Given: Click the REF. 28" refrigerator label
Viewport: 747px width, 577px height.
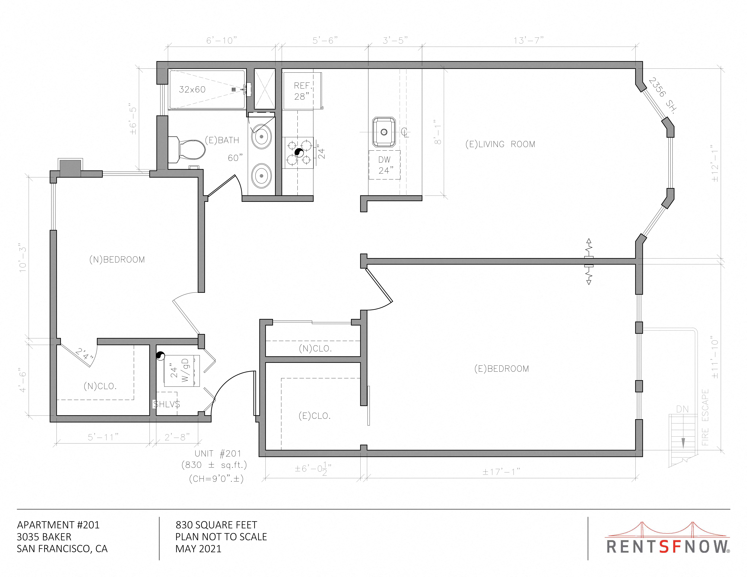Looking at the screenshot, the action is (302, 91).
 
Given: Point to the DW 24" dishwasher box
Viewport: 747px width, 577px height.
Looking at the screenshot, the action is (384, 165).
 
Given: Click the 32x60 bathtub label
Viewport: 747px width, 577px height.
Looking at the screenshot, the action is (192, 90).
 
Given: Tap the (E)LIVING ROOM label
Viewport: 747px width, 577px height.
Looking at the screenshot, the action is (500, 144).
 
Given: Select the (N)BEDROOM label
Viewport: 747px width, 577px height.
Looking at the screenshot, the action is (117, 260).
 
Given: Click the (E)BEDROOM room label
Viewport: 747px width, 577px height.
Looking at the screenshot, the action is (501, 369).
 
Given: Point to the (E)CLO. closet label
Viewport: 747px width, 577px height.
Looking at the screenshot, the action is (314, 416).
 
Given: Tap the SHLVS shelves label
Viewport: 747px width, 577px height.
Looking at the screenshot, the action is (167, 404).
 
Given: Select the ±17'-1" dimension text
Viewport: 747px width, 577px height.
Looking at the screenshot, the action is (501, 472).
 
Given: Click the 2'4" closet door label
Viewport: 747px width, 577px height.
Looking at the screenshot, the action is (84, 353).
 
